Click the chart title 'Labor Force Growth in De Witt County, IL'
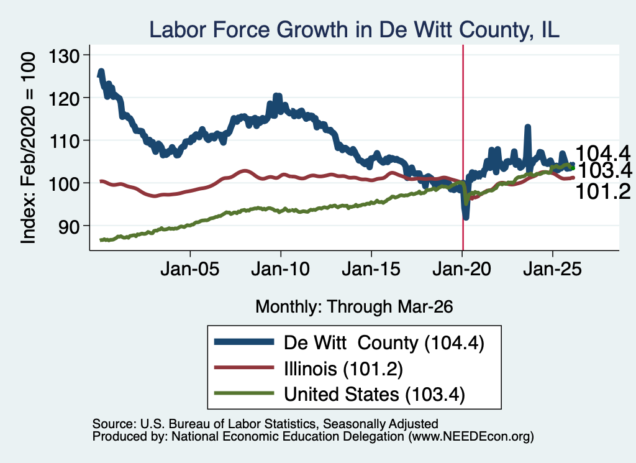pos(354,30)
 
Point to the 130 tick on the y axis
pos(64,55)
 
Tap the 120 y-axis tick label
pos(64,98)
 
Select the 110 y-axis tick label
pos(64,141)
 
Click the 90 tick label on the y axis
pos(69,226)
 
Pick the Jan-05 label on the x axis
pos(190,269)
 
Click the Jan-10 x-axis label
pos(281,269)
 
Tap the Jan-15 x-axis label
pos(371,269)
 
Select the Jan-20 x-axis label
pos(462,269)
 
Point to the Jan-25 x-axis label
pos(552,269)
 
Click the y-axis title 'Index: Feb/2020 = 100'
pos(28,148)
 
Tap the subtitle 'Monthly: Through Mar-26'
pos(354,307)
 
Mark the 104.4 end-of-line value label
pos(602,154)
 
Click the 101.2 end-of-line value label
pos(602,191)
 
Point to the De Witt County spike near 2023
pos(528,127)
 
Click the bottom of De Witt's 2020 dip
pos(466,218)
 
